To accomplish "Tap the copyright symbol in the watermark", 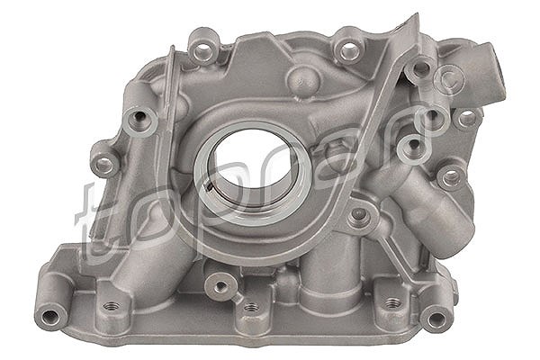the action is [449, 80].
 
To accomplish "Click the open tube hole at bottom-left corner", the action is [50, 315].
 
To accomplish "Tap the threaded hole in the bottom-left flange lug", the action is [112, 306].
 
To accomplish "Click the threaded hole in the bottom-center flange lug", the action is [251, 307].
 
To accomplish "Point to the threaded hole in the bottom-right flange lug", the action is [392, 303].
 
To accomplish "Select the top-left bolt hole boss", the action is [204, 48].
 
